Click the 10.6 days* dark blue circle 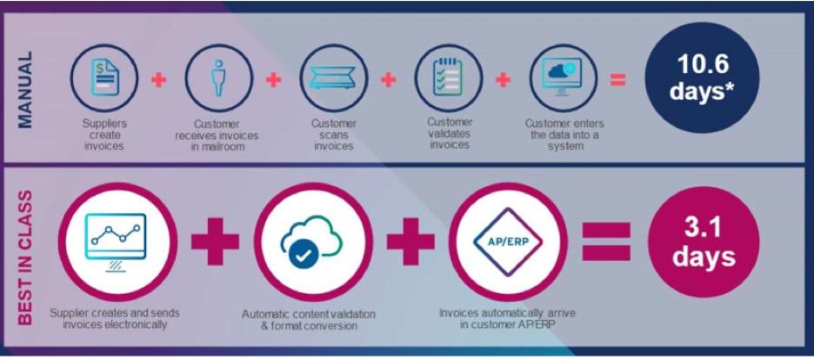tap(703, 79)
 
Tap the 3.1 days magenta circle tap(703, 243)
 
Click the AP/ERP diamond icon tap(508, 242)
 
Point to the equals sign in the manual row tap(617, 80)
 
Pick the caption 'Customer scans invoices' tap(334, 135)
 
